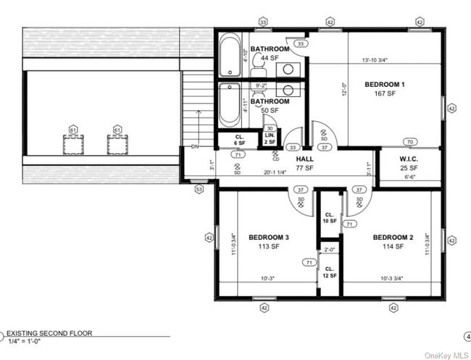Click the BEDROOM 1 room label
click(x=384, y=85)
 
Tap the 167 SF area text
click(x=385, y=93)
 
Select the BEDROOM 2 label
click(x=393, y=238)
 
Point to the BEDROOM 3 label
click(x=269, y=238)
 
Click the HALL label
click(x=304, y=159)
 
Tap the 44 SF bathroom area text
click(x=266, y=57)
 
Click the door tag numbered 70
click(x=410, y=142)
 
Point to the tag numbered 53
click(x=199, y=189)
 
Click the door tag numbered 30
click(x=270, y=128)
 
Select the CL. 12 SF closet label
click(x=329, y=273)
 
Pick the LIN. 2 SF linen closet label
click(x=270, y=138)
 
